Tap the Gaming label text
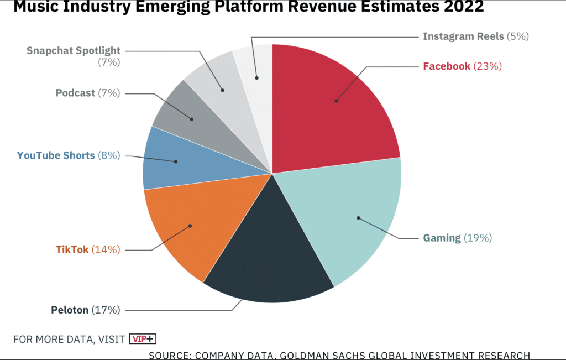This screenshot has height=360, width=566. coord(442,238)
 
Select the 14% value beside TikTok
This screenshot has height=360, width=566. coord(106,250)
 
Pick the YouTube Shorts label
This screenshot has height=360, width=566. coord(56,155)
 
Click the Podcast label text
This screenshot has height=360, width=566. coord(75,93)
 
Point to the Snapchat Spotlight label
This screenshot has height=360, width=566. coord(74,51)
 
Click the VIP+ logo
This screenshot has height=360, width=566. coord(143,339)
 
